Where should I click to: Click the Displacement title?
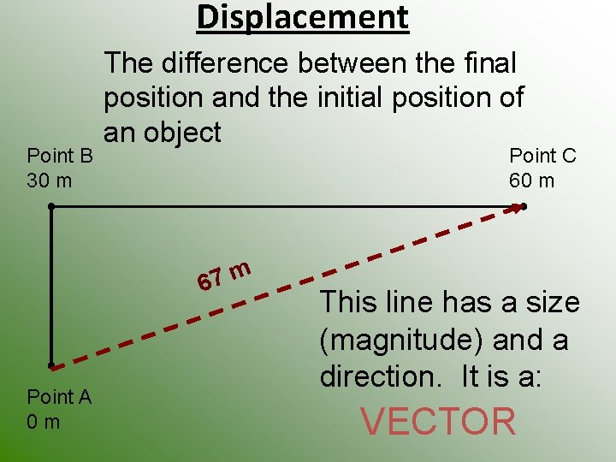pyautogui.click(x=303, y=17)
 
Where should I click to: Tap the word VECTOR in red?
pyautogui.click(x=438, y=422)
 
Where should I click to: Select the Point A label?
pyautogui.click(x=59, y=396)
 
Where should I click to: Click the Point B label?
pyautogui.click(x=60, y=156)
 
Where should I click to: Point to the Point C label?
pyautogui.click(x=542, y=156)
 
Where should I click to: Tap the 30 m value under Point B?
pyautogui.click(x=50, y=181)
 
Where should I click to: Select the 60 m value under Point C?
pyautogui.click(x=531, y=181)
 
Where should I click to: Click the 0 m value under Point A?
pyautogui.click(x=44, y=422)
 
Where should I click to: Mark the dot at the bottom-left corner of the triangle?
pyautogui.click(x=51, y=366)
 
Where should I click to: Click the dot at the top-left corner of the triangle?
pyautogui.click(x=51, y=206)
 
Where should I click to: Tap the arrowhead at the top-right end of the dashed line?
pyautogui.click(x=516, y=206)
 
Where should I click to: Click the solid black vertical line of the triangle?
pyautogui.click(x=51, y=287)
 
